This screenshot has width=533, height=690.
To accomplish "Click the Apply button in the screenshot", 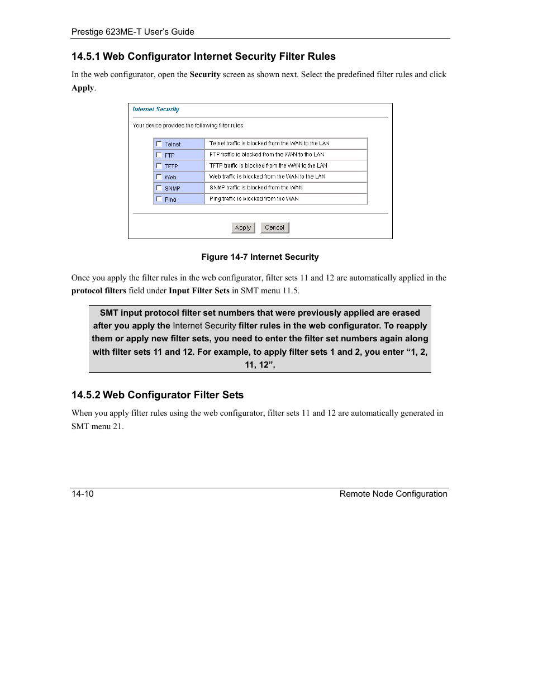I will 243,227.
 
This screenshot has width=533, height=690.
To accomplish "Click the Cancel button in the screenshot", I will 274,227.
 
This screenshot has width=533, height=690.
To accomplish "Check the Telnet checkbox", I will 159,144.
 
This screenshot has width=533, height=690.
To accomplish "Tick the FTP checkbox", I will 159,155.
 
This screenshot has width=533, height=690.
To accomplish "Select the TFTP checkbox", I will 159,166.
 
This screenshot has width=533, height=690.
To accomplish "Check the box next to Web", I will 159,177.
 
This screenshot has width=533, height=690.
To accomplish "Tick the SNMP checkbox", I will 159,188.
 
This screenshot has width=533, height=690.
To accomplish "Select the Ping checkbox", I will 159,199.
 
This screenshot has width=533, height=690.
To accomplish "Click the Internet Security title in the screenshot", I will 156,110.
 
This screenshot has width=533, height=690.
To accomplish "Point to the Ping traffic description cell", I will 285,199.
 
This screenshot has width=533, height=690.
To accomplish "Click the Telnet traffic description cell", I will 285,144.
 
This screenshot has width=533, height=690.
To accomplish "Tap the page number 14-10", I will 83,494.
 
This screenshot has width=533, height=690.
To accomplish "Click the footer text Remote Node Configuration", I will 393,494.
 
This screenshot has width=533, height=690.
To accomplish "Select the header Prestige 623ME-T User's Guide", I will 133,32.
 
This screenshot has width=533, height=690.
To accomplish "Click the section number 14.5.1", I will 85,56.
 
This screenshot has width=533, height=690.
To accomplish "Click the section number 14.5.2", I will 85,395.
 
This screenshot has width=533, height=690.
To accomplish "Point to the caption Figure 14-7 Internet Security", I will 260,257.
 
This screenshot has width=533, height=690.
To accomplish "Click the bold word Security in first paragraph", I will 205,74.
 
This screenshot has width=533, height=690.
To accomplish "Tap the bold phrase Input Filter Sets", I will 199,291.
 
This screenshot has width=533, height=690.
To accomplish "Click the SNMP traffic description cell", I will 285,188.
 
